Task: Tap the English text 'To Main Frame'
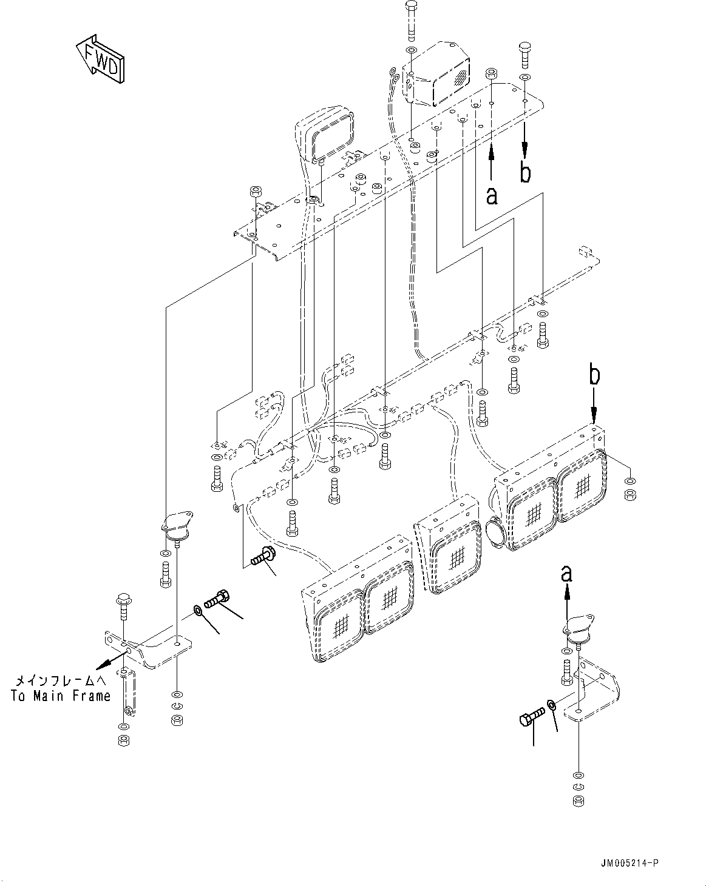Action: click(x=61, y=696)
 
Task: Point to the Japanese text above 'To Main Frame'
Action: click(x=61, y=681)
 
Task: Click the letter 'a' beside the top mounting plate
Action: click(x=492, y=195)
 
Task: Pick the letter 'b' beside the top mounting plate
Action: click(x=525, y=172)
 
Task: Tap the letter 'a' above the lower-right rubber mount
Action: click(x=566, y=572)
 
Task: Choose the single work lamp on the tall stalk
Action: click(x=324, y=137)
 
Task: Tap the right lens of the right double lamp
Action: click(x=582, y=485)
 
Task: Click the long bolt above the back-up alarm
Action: click(x=411, y=18)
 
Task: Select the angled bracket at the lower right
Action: click(x=595, y=691)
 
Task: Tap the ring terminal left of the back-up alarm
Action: click(x=395, y=75)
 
